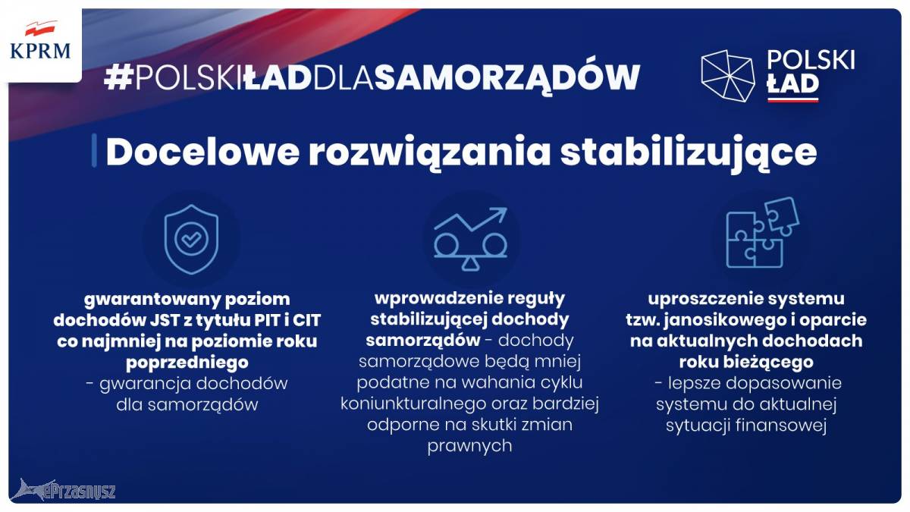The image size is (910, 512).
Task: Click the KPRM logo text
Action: tap(40, 52)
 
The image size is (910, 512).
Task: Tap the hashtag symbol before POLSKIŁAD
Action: tap(118, 77)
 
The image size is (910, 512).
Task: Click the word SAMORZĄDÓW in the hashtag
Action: tap(507, 77)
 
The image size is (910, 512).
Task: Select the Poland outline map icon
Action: tap(727, 76)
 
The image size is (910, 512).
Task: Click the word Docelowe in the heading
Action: tap(202, 152)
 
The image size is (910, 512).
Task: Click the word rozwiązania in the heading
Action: tap(430, 153)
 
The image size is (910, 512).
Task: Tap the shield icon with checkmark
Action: tap(191, 240)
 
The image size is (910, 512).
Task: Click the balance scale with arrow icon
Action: tap(470, 239)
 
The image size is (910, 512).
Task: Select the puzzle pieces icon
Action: tap(762, 232)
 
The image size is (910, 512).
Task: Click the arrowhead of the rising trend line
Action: tap(500, 212)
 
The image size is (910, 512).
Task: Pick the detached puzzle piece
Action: tap(782, 216)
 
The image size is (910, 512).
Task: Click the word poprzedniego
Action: tap(187, 363)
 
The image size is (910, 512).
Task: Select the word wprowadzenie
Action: tap(435, 298)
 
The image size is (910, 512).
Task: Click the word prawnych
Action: tap(469, 447)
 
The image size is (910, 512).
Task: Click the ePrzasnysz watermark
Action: tap(63, 491)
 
